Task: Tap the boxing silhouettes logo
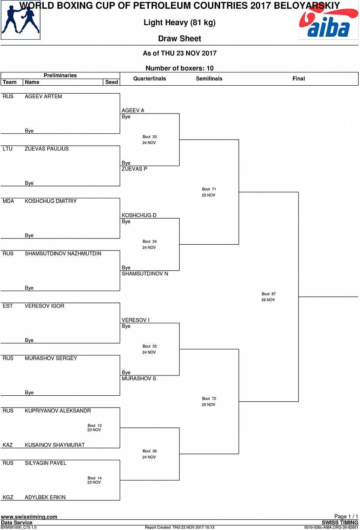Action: (x=20, y=21)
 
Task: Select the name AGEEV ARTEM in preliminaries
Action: (x=43, y=96)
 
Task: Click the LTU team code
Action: (x=8, y=149)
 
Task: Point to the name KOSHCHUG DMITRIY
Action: (x=51, y=201)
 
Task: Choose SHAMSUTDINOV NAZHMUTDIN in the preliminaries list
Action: (x=63, y=254)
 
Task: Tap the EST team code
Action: (x=8, y=306)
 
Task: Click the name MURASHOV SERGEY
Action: (x=51, y=358)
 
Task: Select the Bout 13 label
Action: (x=95, y=426)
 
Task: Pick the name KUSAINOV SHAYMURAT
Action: (x=55, y=445)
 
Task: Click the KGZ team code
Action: (x=8, y=497)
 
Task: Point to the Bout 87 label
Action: (x=269, y=294)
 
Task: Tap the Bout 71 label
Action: (x=209, y=189)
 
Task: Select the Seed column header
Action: (x=112, y=82)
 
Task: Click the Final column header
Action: (x=299, y=79)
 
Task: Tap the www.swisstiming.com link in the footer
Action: (x=29, y=517)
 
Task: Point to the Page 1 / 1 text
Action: (x=346, y=516)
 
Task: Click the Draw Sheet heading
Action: (x=179, y=39)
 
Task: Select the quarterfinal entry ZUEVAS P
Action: (x=134, y=169)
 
